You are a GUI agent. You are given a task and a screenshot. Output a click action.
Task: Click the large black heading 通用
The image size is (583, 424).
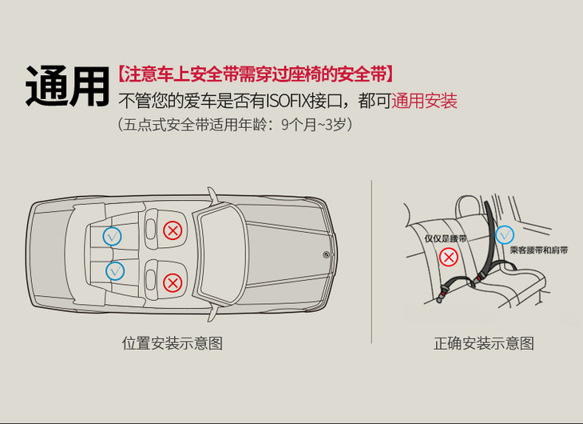67,86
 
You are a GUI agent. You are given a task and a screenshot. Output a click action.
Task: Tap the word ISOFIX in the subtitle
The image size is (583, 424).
288,101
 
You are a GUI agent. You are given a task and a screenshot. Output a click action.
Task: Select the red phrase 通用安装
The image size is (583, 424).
424,101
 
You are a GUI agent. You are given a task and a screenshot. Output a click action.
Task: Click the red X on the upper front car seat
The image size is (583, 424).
173,230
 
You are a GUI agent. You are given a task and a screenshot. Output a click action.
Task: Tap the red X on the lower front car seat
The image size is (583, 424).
173,283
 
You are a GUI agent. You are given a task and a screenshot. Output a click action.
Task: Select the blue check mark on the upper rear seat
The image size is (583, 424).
113,236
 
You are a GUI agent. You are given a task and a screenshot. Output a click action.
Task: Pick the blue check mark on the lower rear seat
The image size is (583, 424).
115,271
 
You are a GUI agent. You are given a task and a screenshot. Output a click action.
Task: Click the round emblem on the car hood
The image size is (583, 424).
326,255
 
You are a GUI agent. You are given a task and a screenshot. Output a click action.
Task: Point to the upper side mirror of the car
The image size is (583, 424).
212,195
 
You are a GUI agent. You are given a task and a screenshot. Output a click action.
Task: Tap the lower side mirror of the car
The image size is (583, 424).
212,315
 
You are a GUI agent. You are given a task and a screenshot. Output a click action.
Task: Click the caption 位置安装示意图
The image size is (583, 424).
173,342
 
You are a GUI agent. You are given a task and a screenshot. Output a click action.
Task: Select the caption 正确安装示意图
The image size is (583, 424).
484,342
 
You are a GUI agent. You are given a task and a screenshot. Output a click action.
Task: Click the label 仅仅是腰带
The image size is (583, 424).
446,238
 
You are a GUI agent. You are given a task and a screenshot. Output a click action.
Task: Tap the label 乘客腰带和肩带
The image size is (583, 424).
539,250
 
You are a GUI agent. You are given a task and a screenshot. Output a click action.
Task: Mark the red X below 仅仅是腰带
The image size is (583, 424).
449,258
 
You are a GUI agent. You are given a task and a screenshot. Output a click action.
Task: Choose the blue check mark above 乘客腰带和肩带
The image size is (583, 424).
505,235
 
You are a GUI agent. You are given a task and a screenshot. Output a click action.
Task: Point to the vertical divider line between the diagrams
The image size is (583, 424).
371,262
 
